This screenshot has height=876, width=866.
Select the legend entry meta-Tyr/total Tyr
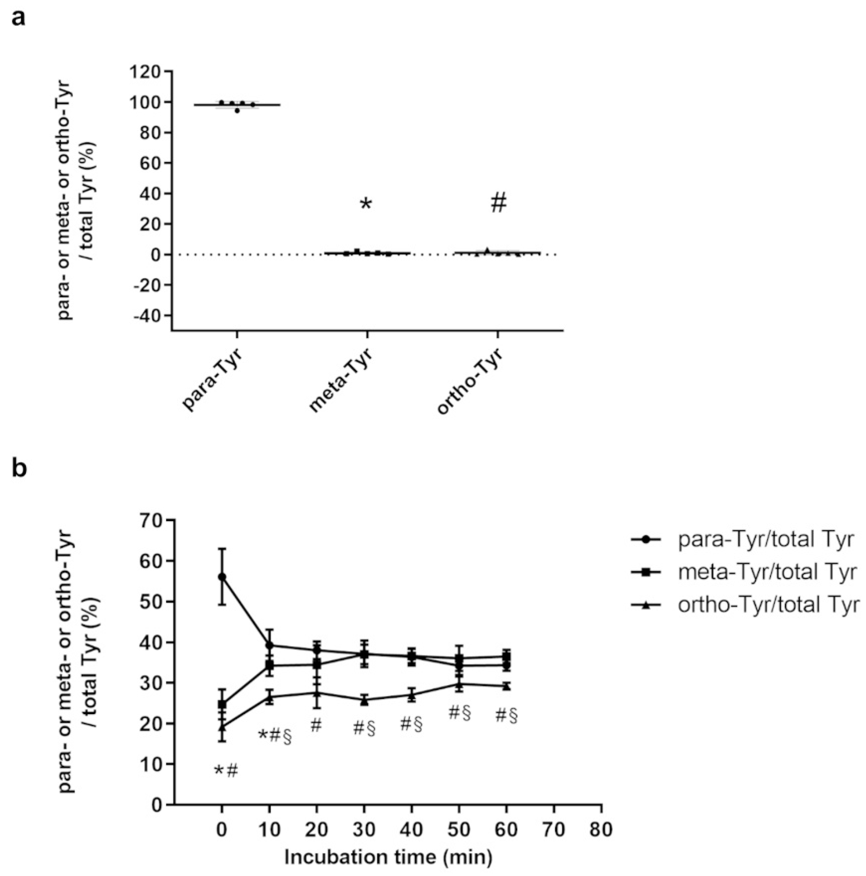pyautogui.click(x=767, y=572)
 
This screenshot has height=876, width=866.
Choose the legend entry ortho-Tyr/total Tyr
pyautogui.click(x=768, y=605)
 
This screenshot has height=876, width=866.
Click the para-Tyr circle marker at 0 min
pyautogui.click(x=222, y=577)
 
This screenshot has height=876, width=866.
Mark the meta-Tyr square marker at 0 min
pyautogui.click(x=222, y=704)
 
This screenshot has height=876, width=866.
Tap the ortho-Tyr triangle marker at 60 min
pyautogui.click(x=506, y=686)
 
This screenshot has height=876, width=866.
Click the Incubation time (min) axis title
pyautogui.click(x=388, y=857)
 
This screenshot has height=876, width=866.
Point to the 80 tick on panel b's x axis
pyautogui.click(x=601, y=829)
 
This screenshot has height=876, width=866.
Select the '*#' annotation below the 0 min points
pyautogui.click(x=226, y=770)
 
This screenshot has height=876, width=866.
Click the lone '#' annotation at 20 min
pyautogui.click(x=316, y=726)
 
